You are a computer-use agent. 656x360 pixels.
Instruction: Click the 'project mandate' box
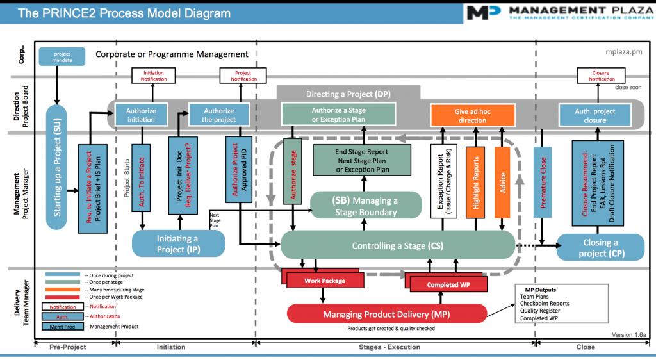[x=62, y=57]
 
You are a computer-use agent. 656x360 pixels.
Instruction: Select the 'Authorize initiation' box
[x=141, y=115]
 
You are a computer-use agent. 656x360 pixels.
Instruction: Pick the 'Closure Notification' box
[x=600, y=76]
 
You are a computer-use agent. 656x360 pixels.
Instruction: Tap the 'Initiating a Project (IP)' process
[x=179, y=243]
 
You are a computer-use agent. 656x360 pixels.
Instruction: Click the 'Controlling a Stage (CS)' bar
[x=397, y=245]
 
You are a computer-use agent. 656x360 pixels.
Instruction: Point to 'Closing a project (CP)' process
[x=600, y=247]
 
